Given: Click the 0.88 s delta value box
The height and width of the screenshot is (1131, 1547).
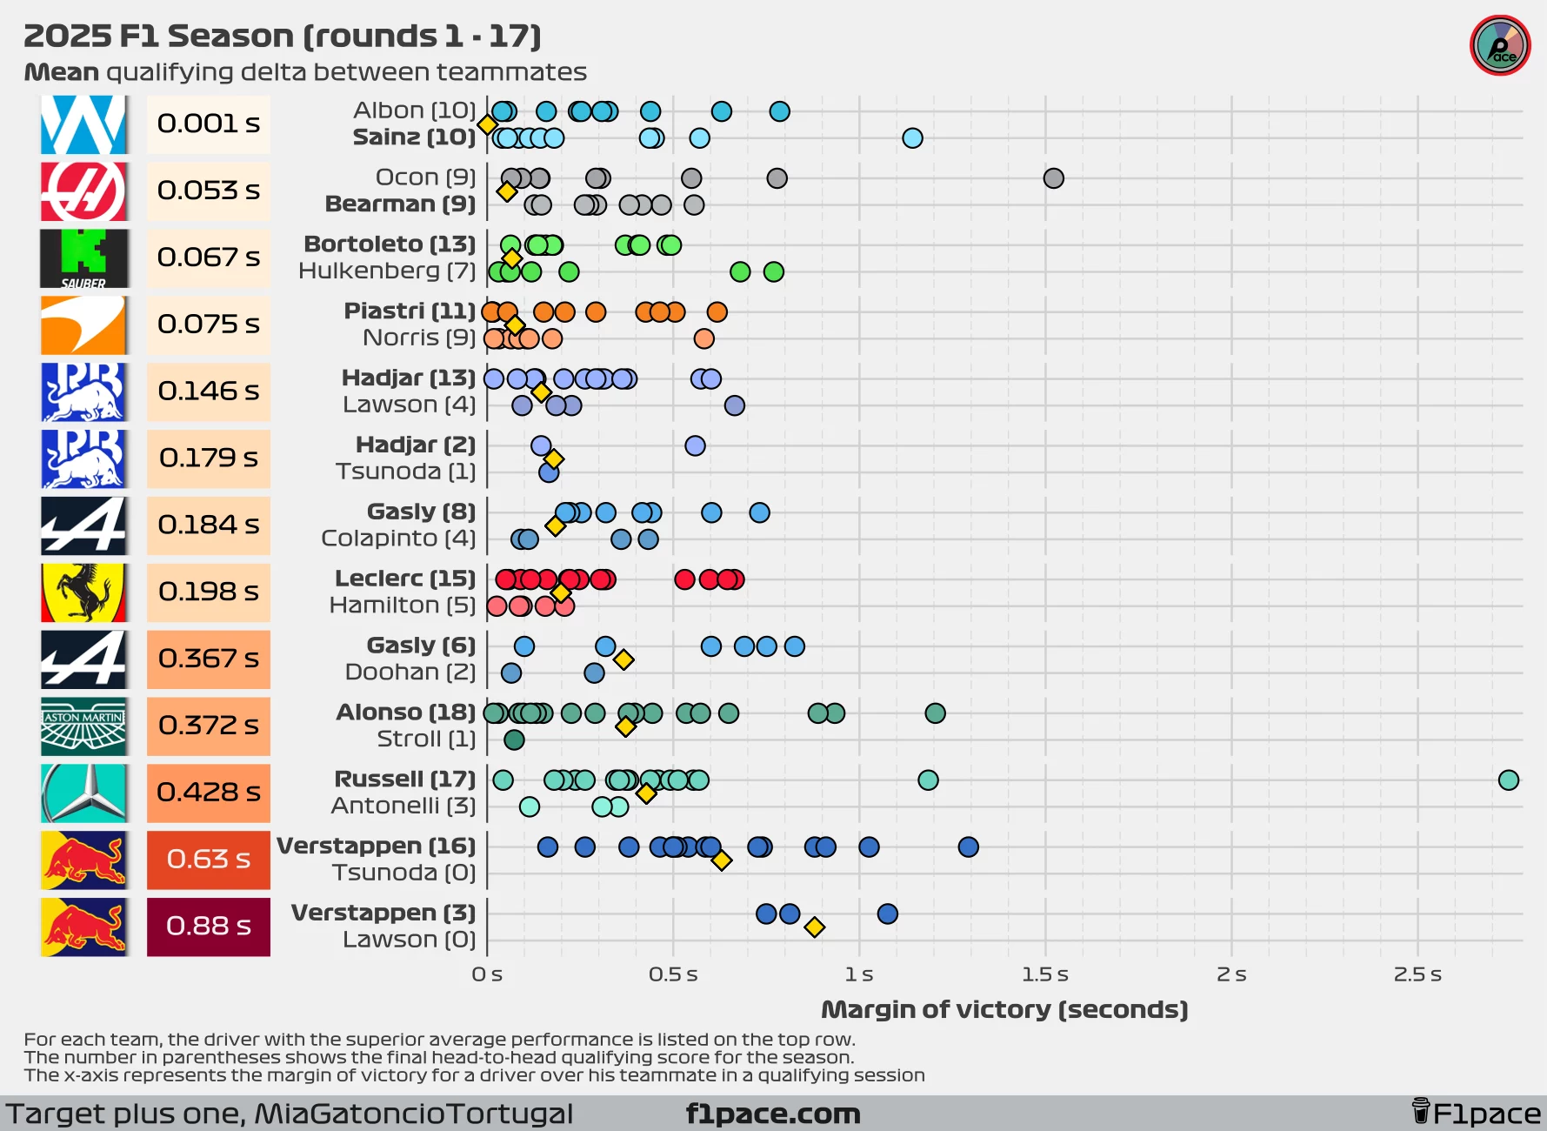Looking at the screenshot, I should click(x=208, y=927).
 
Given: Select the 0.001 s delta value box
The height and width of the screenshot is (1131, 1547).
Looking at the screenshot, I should click(x=208, y=124).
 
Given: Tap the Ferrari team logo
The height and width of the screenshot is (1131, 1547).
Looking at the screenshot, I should click(x=83, y=592).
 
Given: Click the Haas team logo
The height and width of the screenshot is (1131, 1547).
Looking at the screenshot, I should click(x=83, y=191).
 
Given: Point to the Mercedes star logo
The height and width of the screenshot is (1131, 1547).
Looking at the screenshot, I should click(x=83, y=793).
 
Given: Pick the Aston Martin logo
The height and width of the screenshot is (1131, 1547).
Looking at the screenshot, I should click(x=83, y=726).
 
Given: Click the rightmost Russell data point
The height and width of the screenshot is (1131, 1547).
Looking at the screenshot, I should click(x=1508, y=780).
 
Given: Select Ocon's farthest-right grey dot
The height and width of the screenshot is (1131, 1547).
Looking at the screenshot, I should click(x=1053, y=178).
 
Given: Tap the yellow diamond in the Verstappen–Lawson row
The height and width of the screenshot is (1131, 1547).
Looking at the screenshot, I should click(x=814, y=927).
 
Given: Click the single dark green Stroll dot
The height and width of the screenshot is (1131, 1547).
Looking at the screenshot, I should click(x=514, y=740).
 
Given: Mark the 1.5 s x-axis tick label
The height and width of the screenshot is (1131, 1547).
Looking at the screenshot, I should click(x=1045, y=974).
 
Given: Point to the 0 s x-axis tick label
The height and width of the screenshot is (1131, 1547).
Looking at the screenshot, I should click(x=487, y=974).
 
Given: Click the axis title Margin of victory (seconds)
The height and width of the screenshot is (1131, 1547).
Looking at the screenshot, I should click(x=1004, y=1009).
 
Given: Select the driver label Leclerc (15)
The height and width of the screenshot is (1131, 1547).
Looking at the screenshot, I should click(x=405, y=579).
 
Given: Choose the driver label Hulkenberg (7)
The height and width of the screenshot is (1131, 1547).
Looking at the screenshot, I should click(x=387, y=271).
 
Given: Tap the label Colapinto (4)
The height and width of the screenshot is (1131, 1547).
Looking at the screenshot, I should click(x=398, y=539).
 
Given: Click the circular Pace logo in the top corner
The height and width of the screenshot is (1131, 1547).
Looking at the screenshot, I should click(x=1500, y=46).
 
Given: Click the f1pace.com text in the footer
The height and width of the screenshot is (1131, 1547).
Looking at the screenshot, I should click(x=773, y=1114).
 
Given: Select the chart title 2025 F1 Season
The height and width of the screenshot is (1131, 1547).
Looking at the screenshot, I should click(x=283, y=37).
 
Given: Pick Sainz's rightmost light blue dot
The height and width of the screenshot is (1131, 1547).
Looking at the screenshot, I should click(x=912, y=138).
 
